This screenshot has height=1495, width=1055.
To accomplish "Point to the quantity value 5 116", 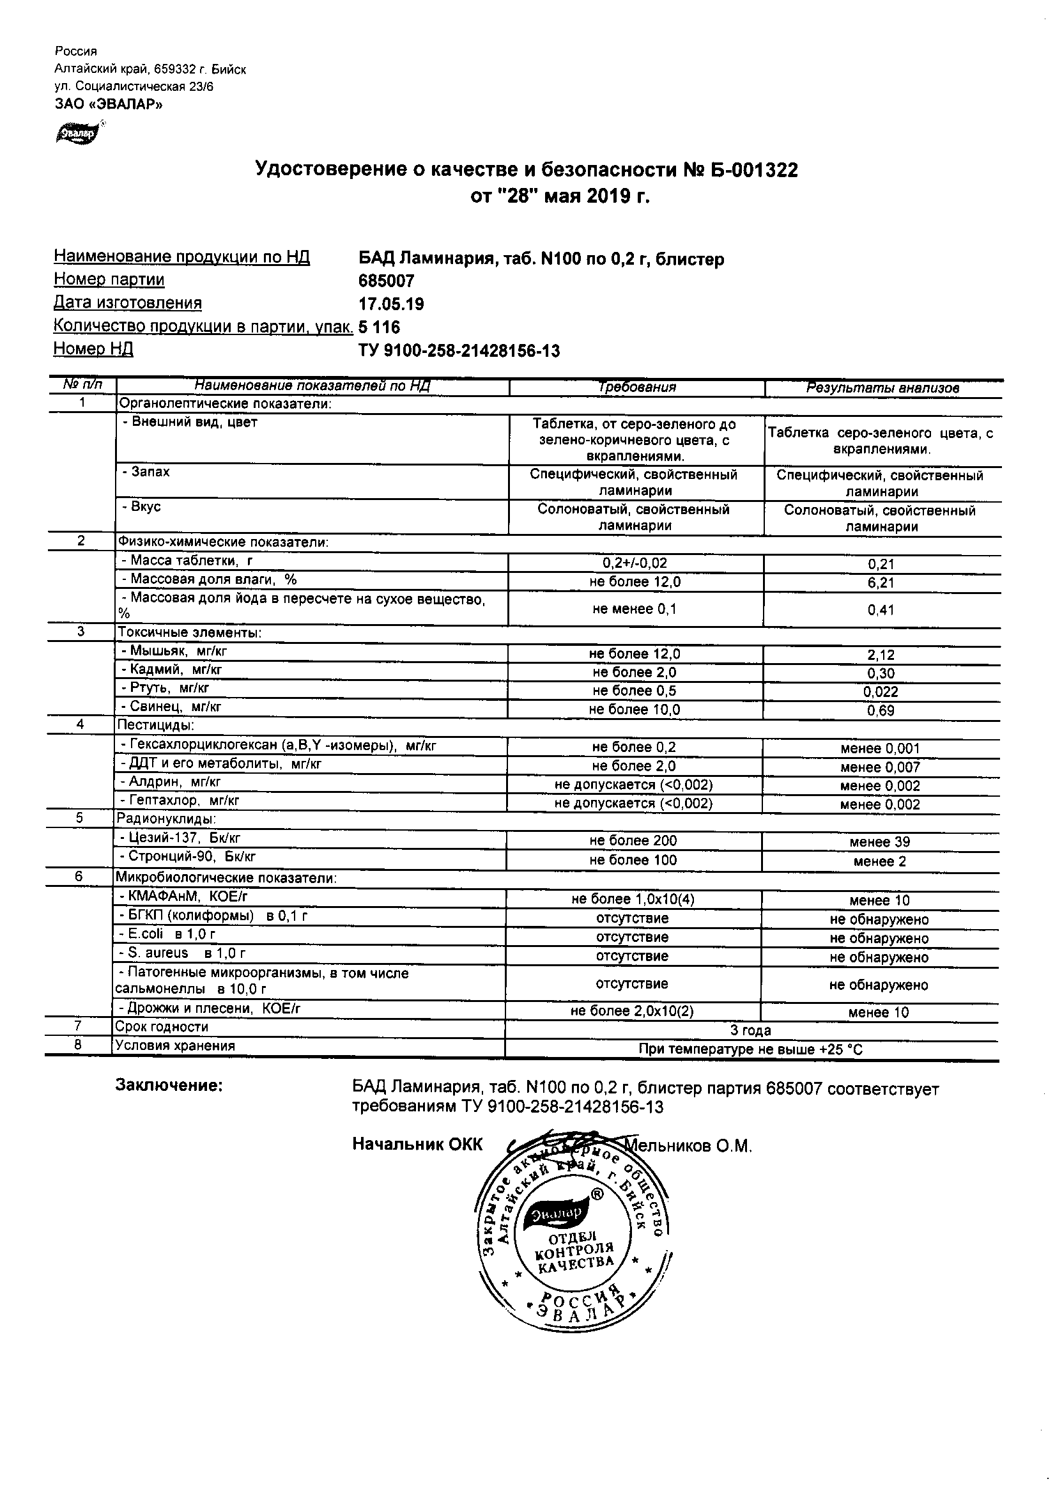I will (379, 327).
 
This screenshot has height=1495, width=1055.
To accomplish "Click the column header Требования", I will (637, 387).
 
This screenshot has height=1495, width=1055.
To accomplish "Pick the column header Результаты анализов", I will (882, 388).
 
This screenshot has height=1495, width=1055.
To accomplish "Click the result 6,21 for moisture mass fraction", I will (881, 583).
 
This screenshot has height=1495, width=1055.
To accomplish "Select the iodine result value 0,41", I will (881, 610).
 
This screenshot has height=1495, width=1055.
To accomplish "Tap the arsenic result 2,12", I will (881, 655).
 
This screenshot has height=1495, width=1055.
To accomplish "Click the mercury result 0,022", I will (881, 692).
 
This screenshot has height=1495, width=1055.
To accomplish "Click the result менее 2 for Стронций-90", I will (879, 861).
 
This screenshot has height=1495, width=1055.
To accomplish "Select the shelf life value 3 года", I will (750, 1031).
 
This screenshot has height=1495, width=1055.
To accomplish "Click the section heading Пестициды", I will (155, 724).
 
